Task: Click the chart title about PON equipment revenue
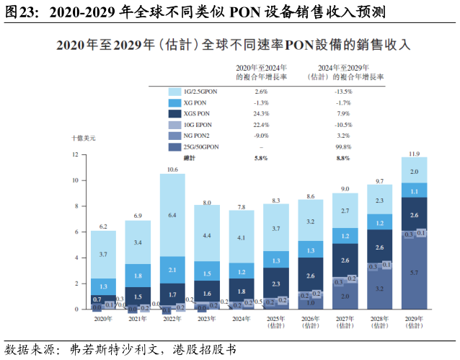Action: [233, 45]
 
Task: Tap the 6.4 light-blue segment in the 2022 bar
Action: [172, 215]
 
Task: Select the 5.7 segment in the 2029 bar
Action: [414, 273]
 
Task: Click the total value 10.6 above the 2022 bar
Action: [172, 170]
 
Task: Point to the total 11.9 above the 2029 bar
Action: [414, 153]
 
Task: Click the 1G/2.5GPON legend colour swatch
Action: [174, 92]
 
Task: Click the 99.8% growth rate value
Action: [343, 146]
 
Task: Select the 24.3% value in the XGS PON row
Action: [262, 114]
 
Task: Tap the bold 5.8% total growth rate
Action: [261, 157]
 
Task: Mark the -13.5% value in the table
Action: [343, 92]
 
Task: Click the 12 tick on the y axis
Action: [75, 155]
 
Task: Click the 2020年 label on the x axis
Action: [103, 318]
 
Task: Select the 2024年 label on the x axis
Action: [242, 318]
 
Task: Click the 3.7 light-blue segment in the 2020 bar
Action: [103, 255]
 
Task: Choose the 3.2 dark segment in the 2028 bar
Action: [379, 289]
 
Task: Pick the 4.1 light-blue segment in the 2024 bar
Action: [242, 237]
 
